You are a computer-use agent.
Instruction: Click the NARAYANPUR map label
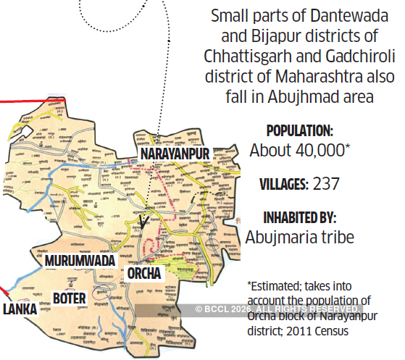pyautogui.click(x=175, y=154)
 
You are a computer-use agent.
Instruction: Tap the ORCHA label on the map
pyautogui.click(x=145, y=274)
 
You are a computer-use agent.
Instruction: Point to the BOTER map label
pyautogui.click(x=70, y=298)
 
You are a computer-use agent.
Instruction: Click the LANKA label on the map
pyautogui.click(x=20, y=309)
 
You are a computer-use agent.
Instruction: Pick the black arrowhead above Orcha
pyautogui.click(x=143, y=220)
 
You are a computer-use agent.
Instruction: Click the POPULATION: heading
pyautogui.click(x=300, y=131)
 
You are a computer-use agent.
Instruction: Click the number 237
pyautogui.click(x=327, y=184)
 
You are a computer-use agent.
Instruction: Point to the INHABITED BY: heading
pyautogui.click(x=300, y=217)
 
